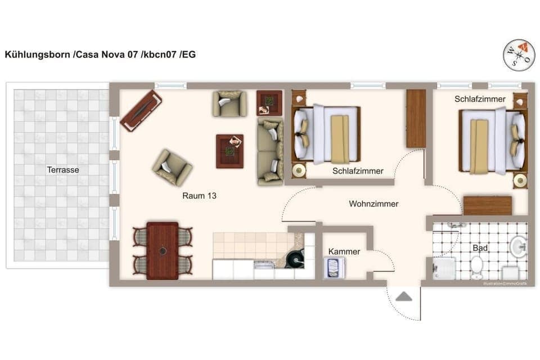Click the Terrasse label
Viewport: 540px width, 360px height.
click(63, 169)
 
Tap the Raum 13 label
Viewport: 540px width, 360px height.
click(199, 196)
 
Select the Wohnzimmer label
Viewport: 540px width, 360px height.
click(373, 204)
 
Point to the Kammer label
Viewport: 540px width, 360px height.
click(344, 251)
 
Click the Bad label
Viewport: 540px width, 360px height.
click(480, 248)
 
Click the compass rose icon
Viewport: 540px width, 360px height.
click(519, 55)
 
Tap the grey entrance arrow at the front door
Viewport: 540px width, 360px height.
click(403, 296)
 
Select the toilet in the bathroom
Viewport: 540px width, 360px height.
click(477, 267)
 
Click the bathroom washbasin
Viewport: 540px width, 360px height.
click(518, 246)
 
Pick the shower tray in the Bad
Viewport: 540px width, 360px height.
click(442, 269)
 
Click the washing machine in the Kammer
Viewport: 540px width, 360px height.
click(335, 268)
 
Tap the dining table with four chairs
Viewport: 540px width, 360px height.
click(163, 250)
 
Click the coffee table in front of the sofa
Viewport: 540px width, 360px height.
click(229, 151)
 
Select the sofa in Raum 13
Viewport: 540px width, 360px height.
click(270, 151)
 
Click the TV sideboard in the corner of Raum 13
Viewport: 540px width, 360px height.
click(141, 110)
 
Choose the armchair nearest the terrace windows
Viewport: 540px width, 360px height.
click(172, 167)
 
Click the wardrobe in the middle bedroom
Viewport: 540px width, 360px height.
click(416, 119)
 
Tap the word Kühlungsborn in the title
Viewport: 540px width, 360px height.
click(38, 55)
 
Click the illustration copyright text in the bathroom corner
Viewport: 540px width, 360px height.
click(505, 283)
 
